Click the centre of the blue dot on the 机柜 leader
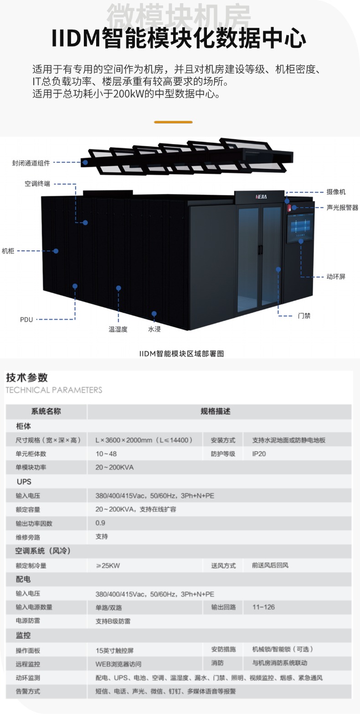[56, 251]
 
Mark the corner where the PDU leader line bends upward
[75, 319]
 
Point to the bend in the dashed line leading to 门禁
[278, 316]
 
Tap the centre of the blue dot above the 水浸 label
[154, 313]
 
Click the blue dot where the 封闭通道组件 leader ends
[85, 162]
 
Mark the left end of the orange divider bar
[154, 122]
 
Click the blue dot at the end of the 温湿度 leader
[118, 288]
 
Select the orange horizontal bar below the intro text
[173, 122]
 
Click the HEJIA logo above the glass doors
[261, 197]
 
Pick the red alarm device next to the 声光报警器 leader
[289, 208]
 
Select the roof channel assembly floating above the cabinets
[187, 156]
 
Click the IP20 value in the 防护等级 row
[259, 454]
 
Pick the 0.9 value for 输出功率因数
[100, 523]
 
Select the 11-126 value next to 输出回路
[263, 607]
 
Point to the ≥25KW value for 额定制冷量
[108, 565]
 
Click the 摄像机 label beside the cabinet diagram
[336, 192]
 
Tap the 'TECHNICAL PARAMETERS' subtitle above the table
[54, 390]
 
